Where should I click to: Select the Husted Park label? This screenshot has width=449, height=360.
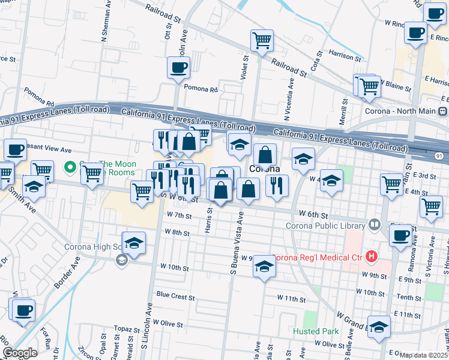click(x=316, y=331)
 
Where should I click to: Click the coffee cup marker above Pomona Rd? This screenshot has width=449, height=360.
click(x=178, y=68)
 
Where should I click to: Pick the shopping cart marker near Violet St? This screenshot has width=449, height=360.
click(x=262, y=41)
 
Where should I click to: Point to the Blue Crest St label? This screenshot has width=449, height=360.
click(x=173, y=295)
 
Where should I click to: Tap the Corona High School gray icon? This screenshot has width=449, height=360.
click(x=122, y=259)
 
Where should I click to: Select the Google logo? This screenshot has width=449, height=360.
click(x=20, y=353)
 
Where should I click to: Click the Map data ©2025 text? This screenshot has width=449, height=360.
click(x=424, y=355)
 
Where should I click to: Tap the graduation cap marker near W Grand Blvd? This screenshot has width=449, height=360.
click(x=379, y=328)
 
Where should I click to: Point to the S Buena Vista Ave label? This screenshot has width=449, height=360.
click(x=237, y=246)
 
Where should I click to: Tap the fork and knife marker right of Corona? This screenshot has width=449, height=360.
click(x=277, y=186)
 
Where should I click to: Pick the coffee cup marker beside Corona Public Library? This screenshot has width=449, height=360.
click(x=400, y=236)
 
